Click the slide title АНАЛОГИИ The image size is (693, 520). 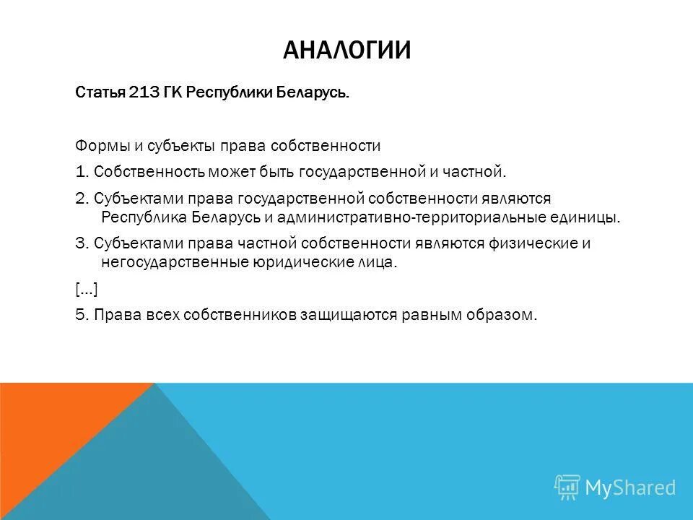click(346, 50)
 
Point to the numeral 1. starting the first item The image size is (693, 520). click(82, 172)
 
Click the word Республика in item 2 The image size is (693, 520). click(141, 217)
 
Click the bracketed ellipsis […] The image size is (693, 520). click(86, 289)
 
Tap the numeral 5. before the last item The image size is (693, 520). click(82, 316)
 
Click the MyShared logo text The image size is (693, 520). click(629, 487)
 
